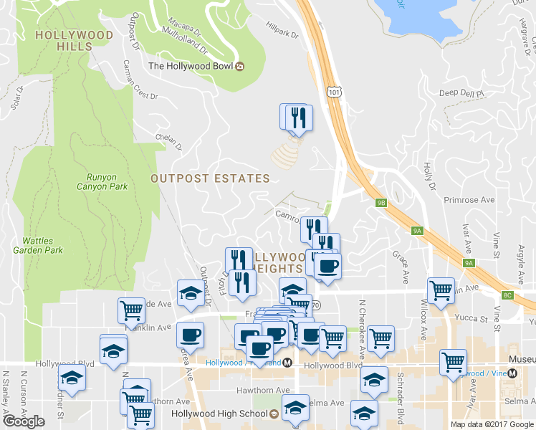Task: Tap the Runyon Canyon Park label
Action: pyautogui.click(x=102, y=181)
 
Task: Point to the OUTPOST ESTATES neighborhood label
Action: pyautogui.click(x=210, y=178)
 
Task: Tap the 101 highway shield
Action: pyautogui.click(x=332, y=92)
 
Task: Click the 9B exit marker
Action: pyautogui.click(x=381, y=202)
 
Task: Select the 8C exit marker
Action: pyautogui.click(x=508, y=295)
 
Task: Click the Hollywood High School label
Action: pyautogui.click(x=219, y=414)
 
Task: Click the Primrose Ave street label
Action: pyautogui.click(x=469, y=200)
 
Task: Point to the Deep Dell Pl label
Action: pyautogui.click(x=462, y=93)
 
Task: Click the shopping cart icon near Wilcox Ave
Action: pyautogui.click(x=440, y=290)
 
